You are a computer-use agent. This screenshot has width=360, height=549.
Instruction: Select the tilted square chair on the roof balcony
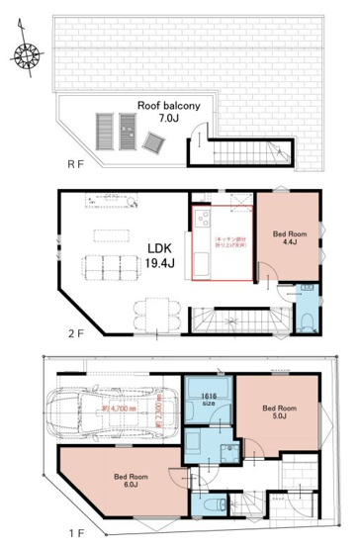[150, 144]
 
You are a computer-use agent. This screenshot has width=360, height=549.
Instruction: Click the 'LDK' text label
[160, 247]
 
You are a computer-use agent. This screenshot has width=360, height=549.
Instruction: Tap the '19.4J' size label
[160, 263]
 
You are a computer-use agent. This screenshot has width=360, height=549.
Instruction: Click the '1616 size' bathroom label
[212, 398]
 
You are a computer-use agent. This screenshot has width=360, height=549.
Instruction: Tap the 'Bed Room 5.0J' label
[280, 412]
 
